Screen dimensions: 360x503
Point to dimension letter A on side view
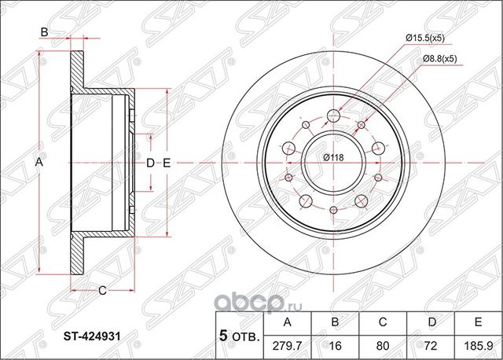37,162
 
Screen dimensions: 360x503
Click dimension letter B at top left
45,32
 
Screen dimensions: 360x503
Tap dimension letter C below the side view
102,291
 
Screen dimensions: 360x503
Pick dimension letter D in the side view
150,163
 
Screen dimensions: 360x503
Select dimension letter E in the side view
166,163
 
